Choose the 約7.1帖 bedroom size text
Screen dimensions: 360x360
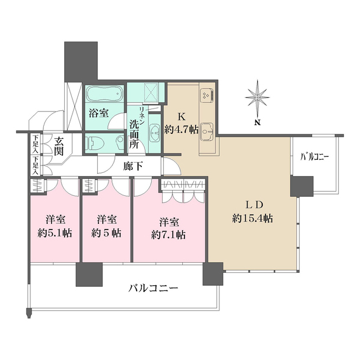[x=168, y=235]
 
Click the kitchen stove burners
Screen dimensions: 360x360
[x=206, y=96]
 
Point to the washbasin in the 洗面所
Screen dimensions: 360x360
[x=154, y=132]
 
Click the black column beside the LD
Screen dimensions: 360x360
[x=301, y=186]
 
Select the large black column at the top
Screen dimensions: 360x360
[x=81, y=61]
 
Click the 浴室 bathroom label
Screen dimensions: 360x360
[x=98, y=112]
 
